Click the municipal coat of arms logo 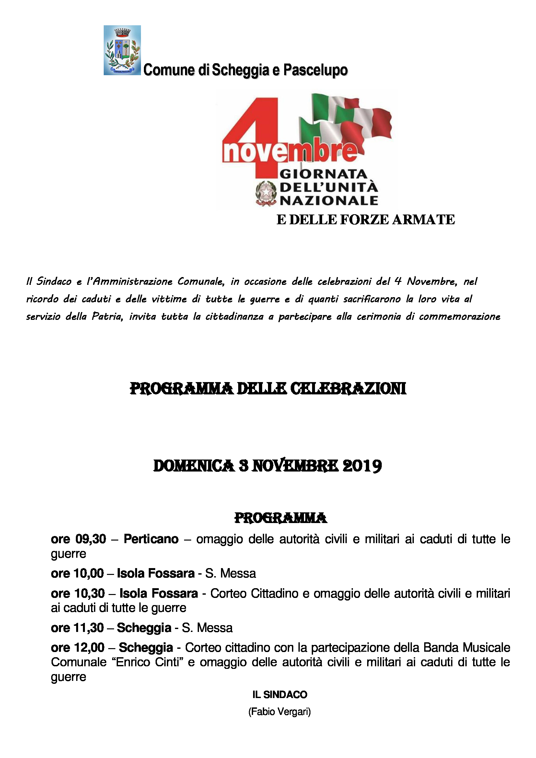(122, 50)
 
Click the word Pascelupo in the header (316, 70)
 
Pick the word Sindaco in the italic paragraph (54, 281)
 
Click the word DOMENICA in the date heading (194, 466)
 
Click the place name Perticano (151, 539)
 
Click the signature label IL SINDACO (280, 694)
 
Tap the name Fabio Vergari (280, 711)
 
